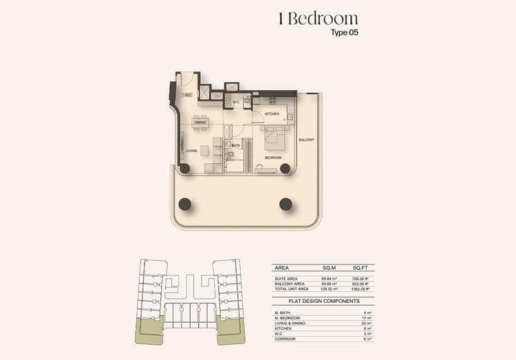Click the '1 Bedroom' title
coord(318,19)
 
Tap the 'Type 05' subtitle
coord(345,32)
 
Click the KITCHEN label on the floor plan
coord(272,113)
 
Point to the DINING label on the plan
coord(200,123)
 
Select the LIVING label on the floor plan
coord(192,151)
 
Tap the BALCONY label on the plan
coord(306,140)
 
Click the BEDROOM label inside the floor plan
coord(274,157)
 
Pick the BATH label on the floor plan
coord(235,146)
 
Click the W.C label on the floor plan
coord(235,102)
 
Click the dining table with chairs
coord(200,123)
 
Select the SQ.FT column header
coord(360,268)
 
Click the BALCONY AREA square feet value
coord(361,284)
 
